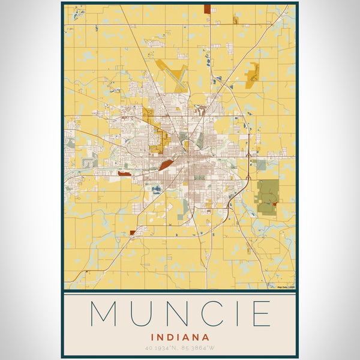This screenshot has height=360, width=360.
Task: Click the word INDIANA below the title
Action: click(x=180, y=337)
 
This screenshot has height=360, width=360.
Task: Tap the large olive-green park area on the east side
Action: click(x=268, y=196)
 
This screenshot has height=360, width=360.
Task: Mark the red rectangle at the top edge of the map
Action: click(x=208, y=9)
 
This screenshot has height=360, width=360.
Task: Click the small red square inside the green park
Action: click(x=275, y=205)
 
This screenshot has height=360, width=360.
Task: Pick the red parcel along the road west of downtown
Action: click(x=124, y=173)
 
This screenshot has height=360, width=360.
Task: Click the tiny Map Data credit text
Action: click(x=286, y=287)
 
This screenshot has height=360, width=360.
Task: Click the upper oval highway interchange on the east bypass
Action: click(x=248, y=157)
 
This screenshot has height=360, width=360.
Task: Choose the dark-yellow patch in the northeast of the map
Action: click(x=252, y=73)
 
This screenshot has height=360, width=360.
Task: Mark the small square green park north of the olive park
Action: click(x=261, y=164)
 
